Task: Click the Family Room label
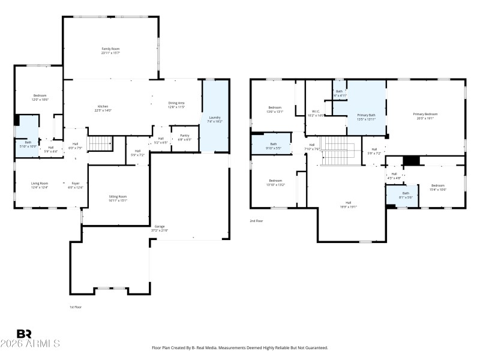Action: pyautogui.click(x=110, y=50)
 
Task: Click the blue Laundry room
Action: pyautogui.click(x=215, y=119)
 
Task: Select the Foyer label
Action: pyautogui.click(x=76, y=185)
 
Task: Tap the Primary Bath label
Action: pyautogui.click(x=366, y=116)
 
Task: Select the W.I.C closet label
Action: pyautogui.click(x=316, y=113)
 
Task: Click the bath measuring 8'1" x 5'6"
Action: pyautogui.click(x=406, y=195)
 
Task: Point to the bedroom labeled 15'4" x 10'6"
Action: pyautogui.click(x=438, y=187)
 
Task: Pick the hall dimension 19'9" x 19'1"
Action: pyautogui.click(x=349, y=207)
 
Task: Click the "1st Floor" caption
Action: pyautogui.click(x=75, y=307)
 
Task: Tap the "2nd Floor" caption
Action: pyautogui.click(x=256, y=221)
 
